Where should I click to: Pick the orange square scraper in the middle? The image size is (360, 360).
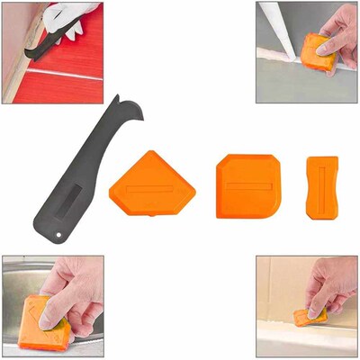click(x=247, y=186)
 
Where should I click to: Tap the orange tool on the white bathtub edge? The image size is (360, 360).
click(x=310, y=317)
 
